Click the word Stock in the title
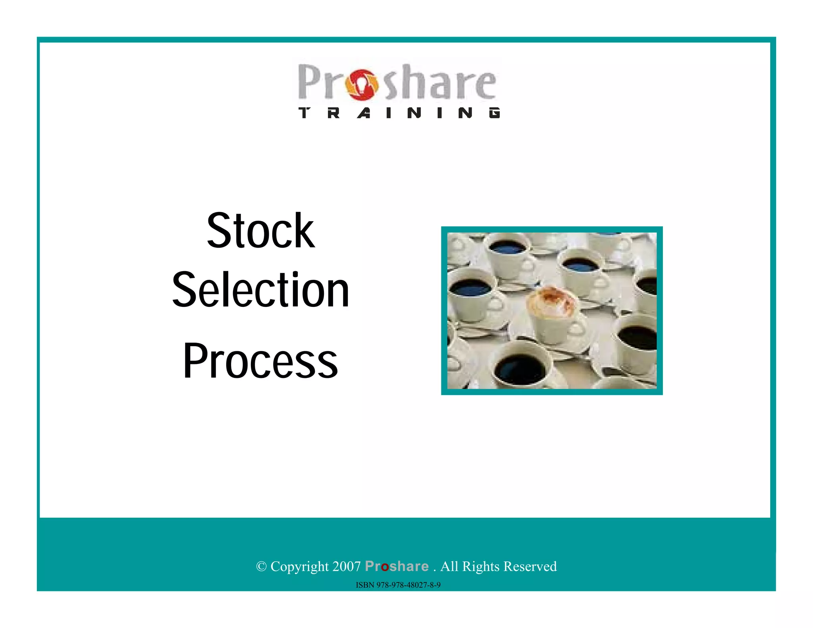point(261,231)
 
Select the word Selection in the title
point(261,290)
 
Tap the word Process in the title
point(260,360)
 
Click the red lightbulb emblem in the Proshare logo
point(362,85)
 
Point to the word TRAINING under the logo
point(399,113)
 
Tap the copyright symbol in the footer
point(261,566)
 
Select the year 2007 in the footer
point(347,566)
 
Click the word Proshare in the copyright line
point(397,566)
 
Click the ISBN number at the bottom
point(398,585)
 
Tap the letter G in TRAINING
point(495,113)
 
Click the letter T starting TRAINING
point(304,113)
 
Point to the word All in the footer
point(449,566)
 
